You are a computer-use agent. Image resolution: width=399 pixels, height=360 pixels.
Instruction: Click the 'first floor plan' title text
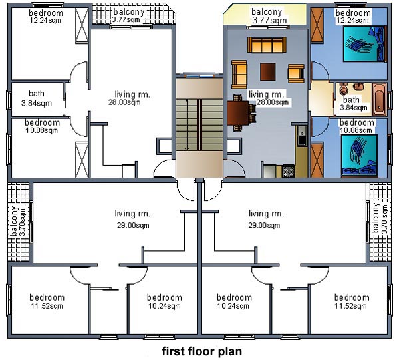pos(202,351)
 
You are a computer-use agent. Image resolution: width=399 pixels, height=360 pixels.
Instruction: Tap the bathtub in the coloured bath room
pos(380,100)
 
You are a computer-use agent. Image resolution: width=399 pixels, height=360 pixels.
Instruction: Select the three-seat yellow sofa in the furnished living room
pos(267,45)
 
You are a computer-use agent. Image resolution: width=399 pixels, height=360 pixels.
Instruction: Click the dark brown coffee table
pos(268,72)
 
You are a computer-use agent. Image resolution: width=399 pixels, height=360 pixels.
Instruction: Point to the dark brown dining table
pos(238,113)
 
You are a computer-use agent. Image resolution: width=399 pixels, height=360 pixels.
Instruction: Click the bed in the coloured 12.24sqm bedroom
pos(364,43)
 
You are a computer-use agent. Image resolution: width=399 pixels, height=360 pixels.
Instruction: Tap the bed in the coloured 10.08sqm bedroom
pos(359,156)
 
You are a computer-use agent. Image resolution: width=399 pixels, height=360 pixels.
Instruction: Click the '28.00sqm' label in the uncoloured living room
pos(124,102)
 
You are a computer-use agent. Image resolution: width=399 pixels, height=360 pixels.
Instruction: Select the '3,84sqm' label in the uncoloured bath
pos(37,103)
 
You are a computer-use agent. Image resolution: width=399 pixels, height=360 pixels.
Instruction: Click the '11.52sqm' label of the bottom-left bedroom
pos(47,306)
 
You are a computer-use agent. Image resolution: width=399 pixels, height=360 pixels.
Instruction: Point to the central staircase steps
pos(199,125)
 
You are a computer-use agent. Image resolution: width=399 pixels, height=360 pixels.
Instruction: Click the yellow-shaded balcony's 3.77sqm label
pos(269,21)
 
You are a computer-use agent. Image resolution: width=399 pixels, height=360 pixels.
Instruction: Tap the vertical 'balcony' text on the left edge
pos(14,220)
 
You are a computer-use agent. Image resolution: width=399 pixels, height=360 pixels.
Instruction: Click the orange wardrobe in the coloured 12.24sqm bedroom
pos(317,25)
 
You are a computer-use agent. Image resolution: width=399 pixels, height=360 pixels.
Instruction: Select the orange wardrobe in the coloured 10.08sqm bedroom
pos(317,160)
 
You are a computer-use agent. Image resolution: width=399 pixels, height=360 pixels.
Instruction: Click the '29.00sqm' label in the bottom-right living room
pos(264,225)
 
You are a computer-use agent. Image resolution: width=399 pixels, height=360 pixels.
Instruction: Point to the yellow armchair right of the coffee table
pos(296,74)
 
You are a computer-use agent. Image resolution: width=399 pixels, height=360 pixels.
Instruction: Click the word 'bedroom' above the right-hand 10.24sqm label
pos(234,297)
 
